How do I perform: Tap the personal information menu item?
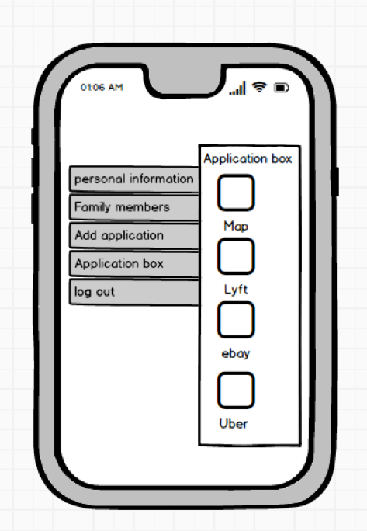pyautogui.click(x=134, y=179)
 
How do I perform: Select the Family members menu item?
pyautogui.click(x=134, y=207)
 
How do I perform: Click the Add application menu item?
pyautogui.click(x=134, y=235)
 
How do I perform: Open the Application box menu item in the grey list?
pyautogui.click(x=134, y=263)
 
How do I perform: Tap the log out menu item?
pyautogui.click(x=134, y=292)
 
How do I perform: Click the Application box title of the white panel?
pyautogui.click(x=248, y=159)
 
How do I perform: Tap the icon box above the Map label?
pyautogui.click(x=236, y=193)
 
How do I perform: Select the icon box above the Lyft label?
pyautogui.click(x=236, y=256)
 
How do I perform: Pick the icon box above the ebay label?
pyautogui.click(x=236, y=320)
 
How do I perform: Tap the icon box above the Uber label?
pyautogui.click(x=236, y=390)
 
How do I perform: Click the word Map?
pyautogui.click(x=236, y=226)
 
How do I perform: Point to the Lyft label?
pyautogui.click(x=236, y=290)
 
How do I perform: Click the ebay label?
pyautogui.click(x=236, y=353)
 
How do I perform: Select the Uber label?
pyautogui.click(x=234, y=424)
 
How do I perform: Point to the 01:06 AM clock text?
pyautogui.click(x=102, y=88)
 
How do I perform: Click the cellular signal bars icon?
pyautogui.click(x=237, y=88)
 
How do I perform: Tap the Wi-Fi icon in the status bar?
pyautogui.click(x=259, y=87)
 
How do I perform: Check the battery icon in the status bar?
pyautogui.click(x=282, y=88)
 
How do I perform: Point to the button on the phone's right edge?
pyautogui.click(x=335, y=182)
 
